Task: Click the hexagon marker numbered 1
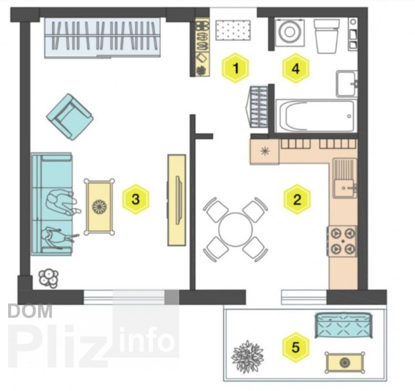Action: [236, 68]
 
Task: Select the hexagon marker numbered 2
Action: [297, 199]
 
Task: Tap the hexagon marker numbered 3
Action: [135, 199]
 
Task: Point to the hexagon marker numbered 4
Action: [296, 69]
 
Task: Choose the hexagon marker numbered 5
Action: [296, 347]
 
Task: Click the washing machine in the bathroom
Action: [290, 32]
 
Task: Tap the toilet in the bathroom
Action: [326, 36]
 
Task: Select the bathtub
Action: [316, 116]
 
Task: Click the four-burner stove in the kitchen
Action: [343, 241]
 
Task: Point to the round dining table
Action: [235, 230]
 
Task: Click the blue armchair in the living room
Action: [70, 117]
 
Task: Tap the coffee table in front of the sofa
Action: [99, 207]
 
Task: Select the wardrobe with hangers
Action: [102, 37]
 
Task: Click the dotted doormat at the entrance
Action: [233, 31]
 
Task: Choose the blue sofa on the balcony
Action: [344, 325]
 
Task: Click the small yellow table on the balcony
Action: [345, 362]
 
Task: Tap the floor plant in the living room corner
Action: [48, 278]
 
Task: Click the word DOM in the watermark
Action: [30, 311]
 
